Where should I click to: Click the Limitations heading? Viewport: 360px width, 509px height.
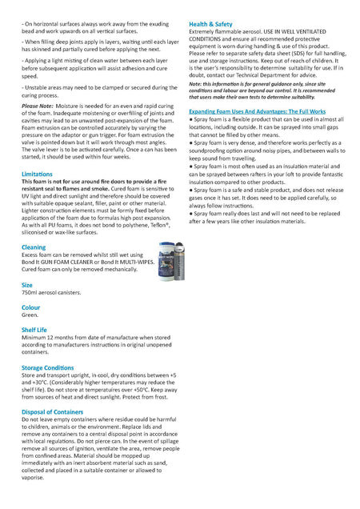[37, 173]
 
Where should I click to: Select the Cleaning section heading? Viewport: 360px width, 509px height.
[34, 247]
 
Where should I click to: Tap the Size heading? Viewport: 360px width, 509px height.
[27, 284]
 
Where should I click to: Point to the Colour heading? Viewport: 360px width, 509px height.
[31, 307]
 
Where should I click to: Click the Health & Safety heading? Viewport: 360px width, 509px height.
[212, 24]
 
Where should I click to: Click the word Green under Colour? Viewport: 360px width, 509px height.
[30, 315]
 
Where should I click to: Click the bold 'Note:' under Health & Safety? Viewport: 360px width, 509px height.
[196, 83]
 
